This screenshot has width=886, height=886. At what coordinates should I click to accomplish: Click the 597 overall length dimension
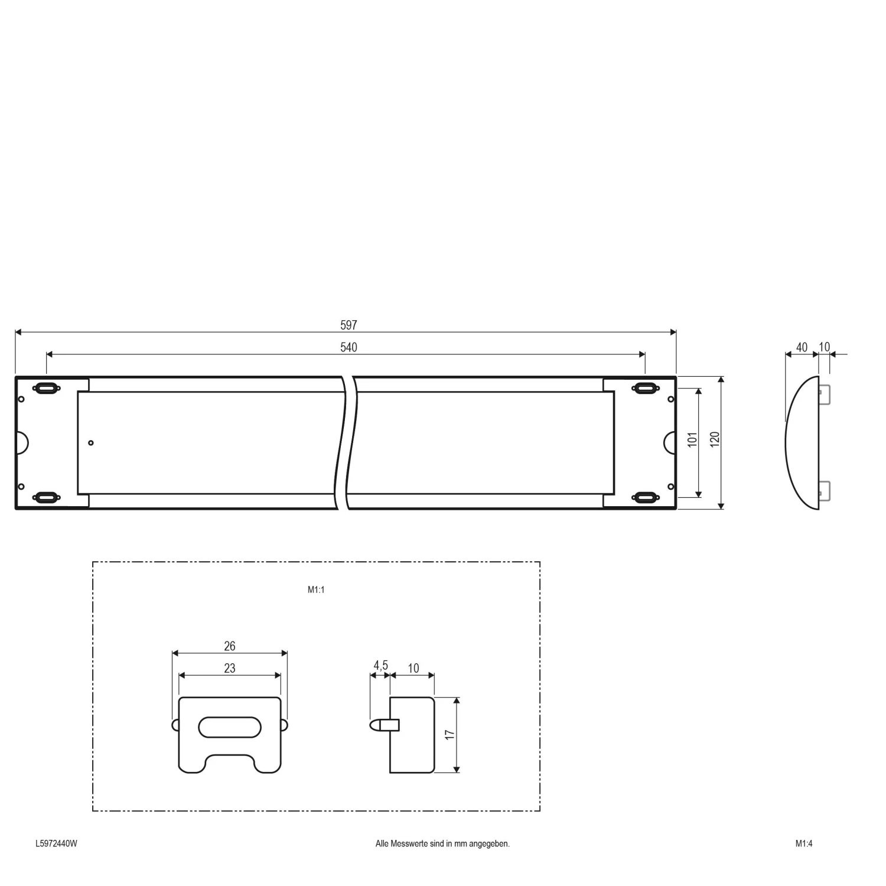(x=348, y=325)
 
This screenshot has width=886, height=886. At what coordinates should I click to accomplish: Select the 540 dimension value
(x=348, y=347)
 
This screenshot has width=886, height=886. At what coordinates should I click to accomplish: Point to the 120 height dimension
(x=715, y=439)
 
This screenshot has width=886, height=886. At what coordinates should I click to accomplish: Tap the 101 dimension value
(x=692, y=439)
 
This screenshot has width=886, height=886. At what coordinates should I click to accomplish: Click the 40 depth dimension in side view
(x=802, y=347)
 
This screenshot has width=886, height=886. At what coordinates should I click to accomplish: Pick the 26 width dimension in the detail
(x=230, y=646)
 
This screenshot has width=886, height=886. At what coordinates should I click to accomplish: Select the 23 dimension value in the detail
(x=230, y=668)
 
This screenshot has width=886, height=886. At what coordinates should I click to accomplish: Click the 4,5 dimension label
(x=380, y=666)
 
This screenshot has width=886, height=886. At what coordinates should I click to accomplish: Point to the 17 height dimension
(x=450, y=734)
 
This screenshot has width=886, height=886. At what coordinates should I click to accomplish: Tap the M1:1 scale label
(x=316, y=589)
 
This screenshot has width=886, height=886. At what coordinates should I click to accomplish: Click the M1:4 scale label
(x=803, y=843)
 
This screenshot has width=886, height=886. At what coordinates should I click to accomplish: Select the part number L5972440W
(x=56, y=843)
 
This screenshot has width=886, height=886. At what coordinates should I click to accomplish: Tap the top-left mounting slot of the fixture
(x=47, y=388)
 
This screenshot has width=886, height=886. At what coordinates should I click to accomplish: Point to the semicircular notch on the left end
(x=21, y=442)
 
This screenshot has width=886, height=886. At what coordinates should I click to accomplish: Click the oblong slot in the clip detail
(x=230, y=727)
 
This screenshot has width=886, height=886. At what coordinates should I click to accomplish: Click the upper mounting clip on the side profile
(x=825, y=395)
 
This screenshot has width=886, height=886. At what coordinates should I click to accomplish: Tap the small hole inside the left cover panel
(x=91, y=442)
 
